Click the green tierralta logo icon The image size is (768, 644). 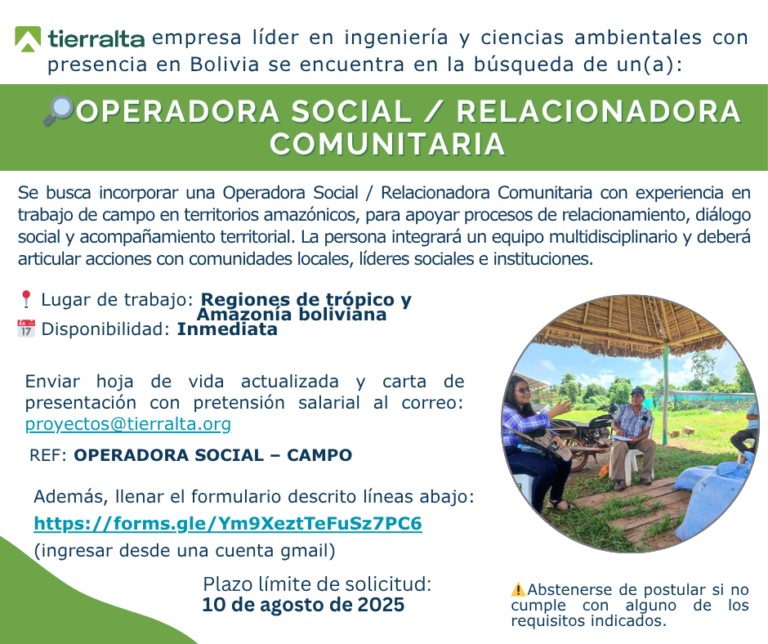[x=28, y=38]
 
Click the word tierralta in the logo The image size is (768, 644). [x=96, y=38]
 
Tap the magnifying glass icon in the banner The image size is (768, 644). [x=58, y=111]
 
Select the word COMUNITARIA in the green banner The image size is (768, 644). [x=387, y=144]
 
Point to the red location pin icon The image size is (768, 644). [x=26, y=299]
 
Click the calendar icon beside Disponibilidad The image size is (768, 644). [x=26, y=329]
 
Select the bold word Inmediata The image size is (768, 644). [x=227, y=329]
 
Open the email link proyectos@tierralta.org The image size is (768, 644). [x=127, y=424]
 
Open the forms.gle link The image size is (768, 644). [x=228, y=523]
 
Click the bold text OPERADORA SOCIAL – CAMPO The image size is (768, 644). [x=212, y=455]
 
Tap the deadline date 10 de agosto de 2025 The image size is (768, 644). [x=303, y=605]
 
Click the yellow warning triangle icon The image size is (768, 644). [x=518, y=589]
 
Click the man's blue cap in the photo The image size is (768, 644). [x=637, y=391]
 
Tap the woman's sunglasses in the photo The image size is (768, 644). [x=523, y=390]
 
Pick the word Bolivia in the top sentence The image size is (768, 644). [x=225, y=65]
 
